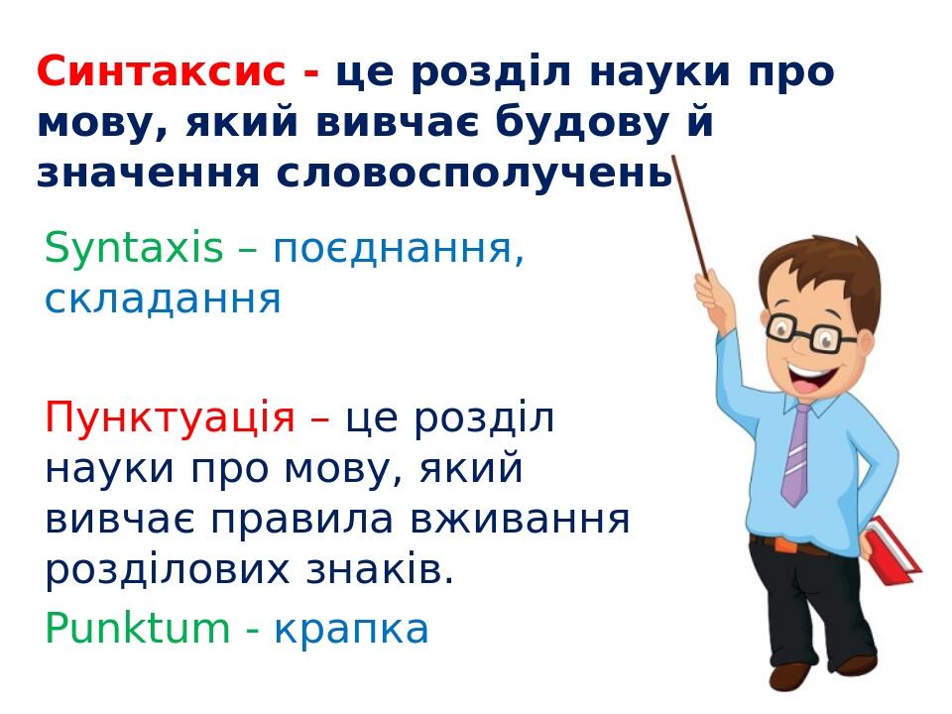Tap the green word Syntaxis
134,248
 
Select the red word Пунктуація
170,418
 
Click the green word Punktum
137,629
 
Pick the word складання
164,298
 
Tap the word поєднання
398,248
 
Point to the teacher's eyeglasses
808,332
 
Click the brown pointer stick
689,213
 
